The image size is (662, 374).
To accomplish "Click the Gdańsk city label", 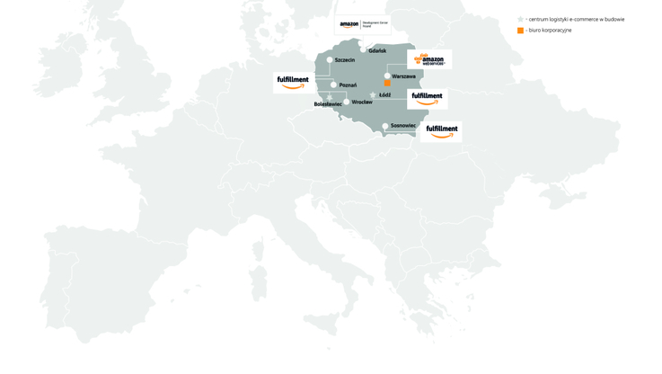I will [377, 51].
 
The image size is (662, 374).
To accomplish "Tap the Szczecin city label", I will [345, 60].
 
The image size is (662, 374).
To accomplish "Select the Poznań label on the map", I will [348, 85].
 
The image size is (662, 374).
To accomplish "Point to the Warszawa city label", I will [403, 76].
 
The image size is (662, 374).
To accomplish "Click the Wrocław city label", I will [362, 102].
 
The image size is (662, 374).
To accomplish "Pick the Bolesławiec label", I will [328, 104].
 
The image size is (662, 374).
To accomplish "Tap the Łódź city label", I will [384, 95].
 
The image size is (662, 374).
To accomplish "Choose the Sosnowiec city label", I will [403, 126].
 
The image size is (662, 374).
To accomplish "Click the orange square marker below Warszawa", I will [387, 84].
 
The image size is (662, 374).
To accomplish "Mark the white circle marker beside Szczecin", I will [330, 60].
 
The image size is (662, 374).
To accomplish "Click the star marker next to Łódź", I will [373, 95].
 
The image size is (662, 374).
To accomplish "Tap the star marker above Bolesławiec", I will [330, 97].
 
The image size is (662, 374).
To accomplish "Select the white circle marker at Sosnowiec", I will [385, 126].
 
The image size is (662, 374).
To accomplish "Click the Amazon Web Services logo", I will [429, 60].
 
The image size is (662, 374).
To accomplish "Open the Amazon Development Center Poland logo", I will [363, 25].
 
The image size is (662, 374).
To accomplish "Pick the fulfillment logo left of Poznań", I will [293, 82].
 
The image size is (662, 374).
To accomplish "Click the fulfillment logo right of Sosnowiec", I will [442, 131].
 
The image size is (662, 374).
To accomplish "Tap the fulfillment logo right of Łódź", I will [427, 98].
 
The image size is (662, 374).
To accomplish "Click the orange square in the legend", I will [520, 31].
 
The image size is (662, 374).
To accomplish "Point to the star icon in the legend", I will [520, 19].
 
